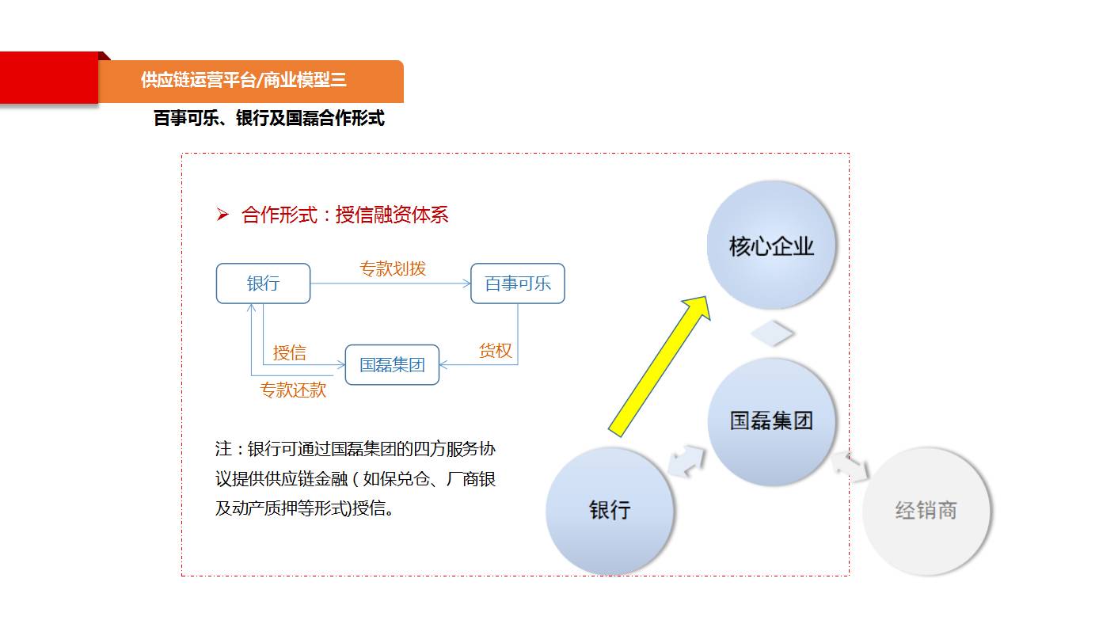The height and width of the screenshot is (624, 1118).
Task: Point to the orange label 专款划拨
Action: tap(393, 268)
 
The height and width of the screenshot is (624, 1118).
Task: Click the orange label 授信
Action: tap(290, 352)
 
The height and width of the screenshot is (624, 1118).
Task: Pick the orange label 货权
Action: tap(495, 351)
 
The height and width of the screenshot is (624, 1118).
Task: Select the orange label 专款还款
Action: tap(293, 390)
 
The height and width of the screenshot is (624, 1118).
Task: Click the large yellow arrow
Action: tap(660, 367)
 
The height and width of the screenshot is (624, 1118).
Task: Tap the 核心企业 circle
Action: tap(771, 245)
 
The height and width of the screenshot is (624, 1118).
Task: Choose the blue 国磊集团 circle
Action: tap(771, 420)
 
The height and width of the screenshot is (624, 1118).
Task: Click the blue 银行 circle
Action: tap(610, 510)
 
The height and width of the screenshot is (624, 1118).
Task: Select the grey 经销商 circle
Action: tap(926, 511)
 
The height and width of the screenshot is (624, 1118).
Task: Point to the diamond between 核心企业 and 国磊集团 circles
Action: tap(772, 333)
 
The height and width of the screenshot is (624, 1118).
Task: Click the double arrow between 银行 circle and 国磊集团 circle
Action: tap(686, 461)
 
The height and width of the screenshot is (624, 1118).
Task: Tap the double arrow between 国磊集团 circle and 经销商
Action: tap(850, 467)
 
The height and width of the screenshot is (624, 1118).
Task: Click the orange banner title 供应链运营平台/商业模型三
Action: tap(244, 80)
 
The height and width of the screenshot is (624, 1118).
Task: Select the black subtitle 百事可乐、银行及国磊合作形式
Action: tap(269, 118)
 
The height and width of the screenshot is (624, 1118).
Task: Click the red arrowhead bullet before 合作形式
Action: tap(222, 215)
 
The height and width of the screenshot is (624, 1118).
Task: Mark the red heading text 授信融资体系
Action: tap(392, 215)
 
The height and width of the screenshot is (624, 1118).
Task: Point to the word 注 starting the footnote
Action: tap(223, 449)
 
